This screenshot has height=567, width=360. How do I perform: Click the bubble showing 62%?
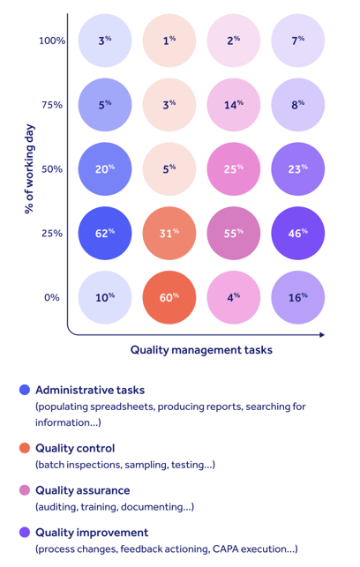click(105, 233)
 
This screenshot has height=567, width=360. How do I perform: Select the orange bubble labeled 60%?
click(169, 297)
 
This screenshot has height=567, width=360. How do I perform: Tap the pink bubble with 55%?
click(234, 233)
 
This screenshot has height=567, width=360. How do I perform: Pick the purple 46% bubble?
click(298, 233)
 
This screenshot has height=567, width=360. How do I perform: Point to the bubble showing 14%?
click(234, 104)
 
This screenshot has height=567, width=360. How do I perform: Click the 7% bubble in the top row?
click(298, 40)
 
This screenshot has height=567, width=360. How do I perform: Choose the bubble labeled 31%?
click(169, 233)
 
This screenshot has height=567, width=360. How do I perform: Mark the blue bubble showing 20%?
click(105, 168)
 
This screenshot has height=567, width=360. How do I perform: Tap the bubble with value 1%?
click(169, 40)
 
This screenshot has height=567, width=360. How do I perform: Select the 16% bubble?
click(298, 297)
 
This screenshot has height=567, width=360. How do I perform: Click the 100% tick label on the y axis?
click(52, 41)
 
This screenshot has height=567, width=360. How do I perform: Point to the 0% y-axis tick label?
click(52, 298)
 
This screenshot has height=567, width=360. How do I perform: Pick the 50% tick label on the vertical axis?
click(52, 169)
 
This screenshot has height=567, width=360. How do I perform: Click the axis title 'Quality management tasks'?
click(201, 350)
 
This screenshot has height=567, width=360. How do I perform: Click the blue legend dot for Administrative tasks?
click(24, 390)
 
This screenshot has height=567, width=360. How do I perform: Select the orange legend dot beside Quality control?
click(24, 448)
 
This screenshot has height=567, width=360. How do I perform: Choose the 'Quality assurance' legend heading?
click(82, 490)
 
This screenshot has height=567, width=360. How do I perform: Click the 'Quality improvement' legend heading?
click(92, 533)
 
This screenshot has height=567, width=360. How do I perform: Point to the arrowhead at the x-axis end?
click(322, 334)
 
